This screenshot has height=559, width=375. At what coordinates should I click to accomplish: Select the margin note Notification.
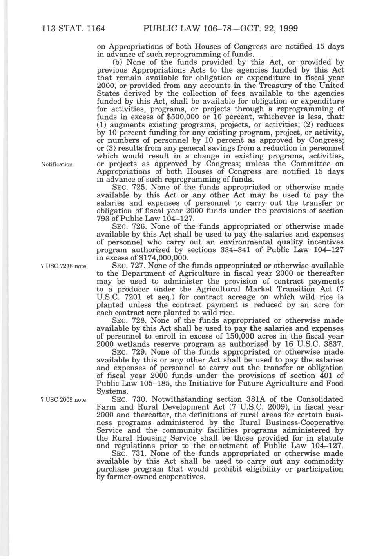57,164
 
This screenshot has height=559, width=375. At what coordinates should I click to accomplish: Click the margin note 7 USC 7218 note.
63,266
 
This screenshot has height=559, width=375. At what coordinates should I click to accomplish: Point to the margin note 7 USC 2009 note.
63,400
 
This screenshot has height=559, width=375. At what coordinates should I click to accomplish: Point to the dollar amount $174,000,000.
161,258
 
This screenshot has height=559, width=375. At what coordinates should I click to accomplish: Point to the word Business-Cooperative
294,422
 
